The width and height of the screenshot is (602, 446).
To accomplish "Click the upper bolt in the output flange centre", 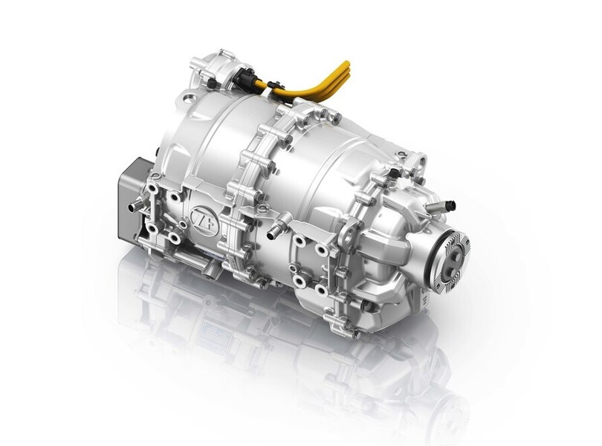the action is tap(456, 254).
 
